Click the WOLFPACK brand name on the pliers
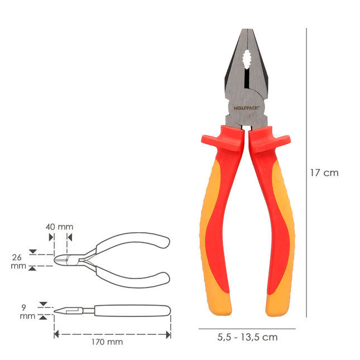point(246,108)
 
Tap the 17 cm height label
point(324,173)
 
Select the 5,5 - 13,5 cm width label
point(247,337)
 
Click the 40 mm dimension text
point(60,227)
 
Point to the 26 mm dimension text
point(18,262)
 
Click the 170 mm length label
point(107,342)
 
